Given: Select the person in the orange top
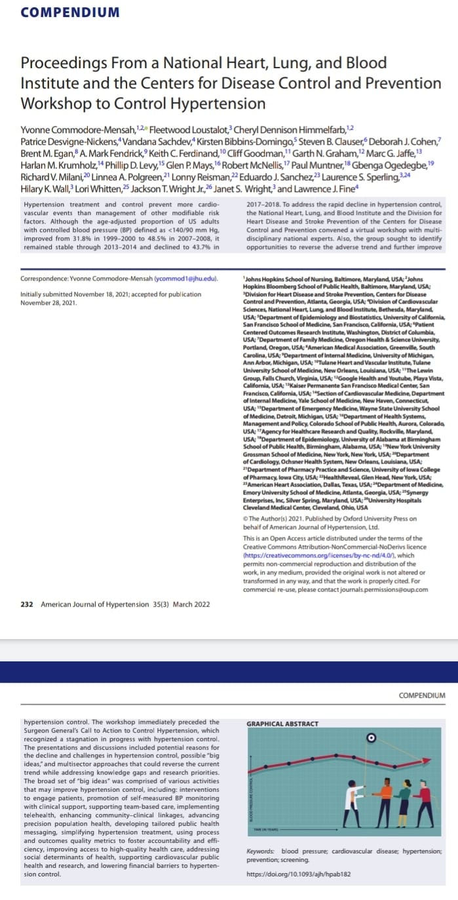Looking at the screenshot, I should click(x=387, y=800).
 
